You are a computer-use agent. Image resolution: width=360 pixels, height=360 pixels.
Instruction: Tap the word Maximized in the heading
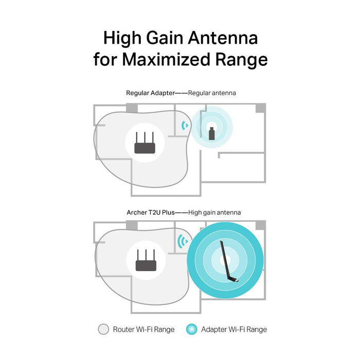click(166, 60)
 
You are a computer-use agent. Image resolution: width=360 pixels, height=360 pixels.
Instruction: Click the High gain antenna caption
click(214, 212)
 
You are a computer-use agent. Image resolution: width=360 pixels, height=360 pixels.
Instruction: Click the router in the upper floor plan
click(145, 143)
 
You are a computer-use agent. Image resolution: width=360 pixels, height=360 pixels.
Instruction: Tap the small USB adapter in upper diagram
click(211, 132)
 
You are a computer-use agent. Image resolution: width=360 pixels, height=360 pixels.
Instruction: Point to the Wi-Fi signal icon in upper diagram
click(185, 125)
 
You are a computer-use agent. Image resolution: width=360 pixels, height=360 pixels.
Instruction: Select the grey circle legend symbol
click(103, 329)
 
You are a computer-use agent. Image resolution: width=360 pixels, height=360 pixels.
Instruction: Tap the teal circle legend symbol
click(192, 329)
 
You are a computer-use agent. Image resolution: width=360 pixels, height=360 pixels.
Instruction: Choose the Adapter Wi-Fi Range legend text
click(234, 329)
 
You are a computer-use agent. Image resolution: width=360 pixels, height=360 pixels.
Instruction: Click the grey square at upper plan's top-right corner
click(261, 108)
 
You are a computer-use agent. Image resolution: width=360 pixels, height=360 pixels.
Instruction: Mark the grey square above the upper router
click(132, 108)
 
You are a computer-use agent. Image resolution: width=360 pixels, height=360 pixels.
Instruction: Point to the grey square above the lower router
click(132, 225)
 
